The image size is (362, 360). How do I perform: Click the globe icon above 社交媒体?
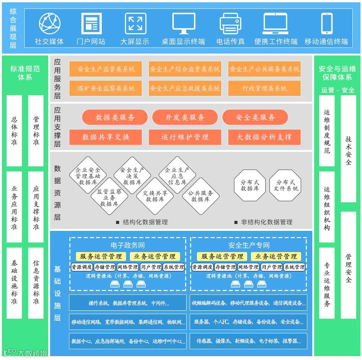pos(50,23)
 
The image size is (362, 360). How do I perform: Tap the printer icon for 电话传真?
pos(231,24)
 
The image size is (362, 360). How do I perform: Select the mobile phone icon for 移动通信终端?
pos(327,24)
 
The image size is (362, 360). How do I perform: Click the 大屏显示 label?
pos(135,42)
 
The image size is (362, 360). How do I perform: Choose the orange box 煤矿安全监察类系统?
pos(106,88)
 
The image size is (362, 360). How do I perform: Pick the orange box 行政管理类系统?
pos(264,88)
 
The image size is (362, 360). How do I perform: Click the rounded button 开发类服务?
pos(185,118)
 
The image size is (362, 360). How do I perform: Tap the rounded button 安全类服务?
pos(255,118)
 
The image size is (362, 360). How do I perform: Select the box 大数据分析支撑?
pos(264,137)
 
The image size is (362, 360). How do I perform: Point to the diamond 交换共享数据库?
pos(155,196)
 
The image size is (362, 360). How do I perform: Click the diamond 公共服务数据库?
pos(200,196)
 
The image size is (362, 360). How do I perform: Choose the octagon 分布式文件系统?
pos(285,185)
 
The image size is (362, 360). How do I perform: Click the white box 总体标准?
pos(14,131)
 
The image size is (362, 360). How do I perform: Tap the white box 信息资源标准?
pos(36,283)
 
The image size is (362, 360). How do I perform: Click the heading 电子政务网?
pos(128,246)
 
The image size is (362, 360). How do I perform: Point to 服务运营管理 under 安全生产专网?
pos(222,256)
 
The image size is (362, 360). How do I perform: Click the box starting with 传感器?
pos(248,341)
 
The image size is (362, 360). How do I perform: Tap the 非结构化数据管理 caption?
pos(266,222)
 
